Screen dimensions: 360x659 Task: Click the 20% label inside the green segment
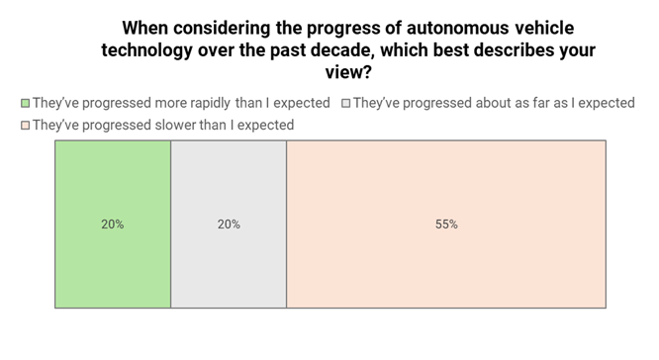click(113, 225)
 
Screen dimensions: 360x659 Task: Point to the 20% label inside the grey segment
click(229, 225)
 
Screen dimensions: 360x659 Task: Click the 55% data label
click(446, 225)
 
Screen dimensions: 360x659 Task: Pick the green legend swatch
click(25, 103)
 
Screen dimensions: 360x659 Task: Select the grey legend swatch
click(345, 103)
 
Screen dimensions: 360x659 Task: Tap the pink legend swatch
click(25, 126)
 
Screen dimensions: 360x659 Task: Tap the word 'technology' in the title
click(147, 49)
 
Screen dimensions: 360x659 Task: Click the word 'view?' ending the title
click(351, 71)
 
